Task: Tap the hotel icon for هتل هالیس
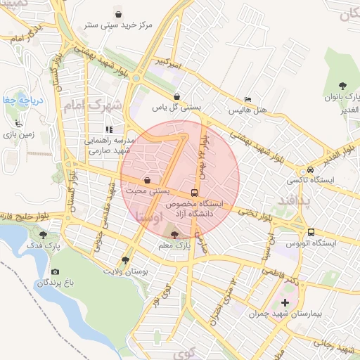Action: pos(246,99)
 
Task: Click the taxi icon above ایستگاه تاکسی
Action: pos(309,170)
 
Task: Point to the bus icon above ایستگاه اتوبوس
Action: pos(309,233)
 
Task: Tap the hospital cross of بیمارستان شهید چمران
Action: pos(285,303)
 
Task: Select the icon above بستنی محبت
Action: pos(147,179)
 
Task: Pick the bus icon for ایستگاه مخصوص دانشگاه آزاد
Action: pos(194,192)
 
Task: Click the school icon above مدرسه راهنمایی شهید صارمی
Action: pos(108,129)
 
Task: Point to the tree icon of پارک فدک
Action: pos(44,234)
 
